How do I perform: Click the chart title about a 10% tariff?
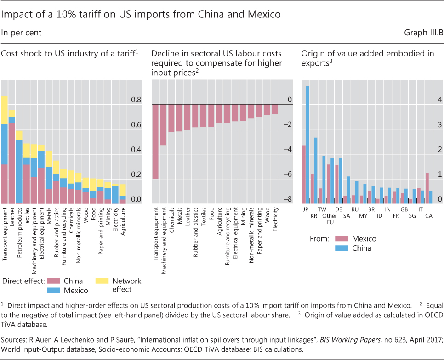[x=141, y=14]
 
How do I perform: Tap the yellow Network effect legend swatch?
[x=102, y=281]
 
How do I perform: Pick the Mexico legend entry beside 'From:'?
[x=363, y=239]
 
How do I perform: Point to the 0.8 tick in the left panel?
[x=137, y=100]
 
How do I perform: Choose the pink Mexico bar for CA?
[x=427, y=188]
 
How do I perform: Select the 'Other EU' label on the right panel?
[x=330, y=219]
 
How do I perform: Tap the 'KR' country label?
[x=314, y=216]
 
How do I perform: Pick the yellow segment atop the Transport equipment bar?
[x=4, y=110]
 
